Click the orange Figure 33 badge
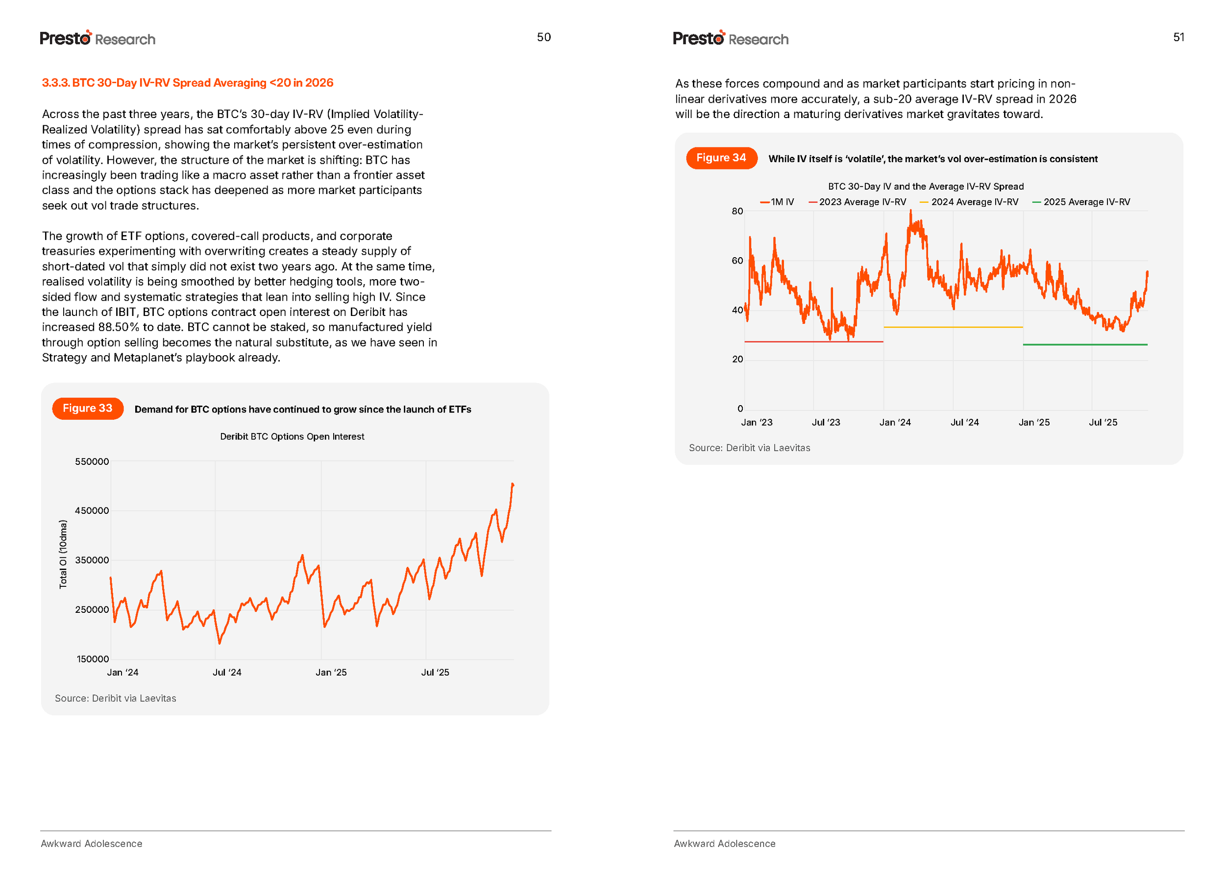coord(87,408)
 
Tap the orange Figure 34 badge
coord(721,158)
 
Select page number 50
coord(543,37)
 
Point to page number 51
coord(1178,37)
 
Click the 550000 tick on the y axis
coord(92,462)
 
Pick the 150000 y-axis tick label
coord(92,659)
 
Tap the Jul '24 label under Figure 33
coord(227,672)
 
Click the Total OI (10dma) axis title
coord(63,554)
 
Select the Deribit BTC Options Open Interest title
coord(292,436)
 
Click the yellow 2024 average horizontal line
coord(953,327)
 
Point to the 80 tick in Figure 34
coord(737,211)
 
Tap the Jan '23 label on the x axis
coord(756,423)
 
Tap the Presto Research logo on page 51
coord(730,38)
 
